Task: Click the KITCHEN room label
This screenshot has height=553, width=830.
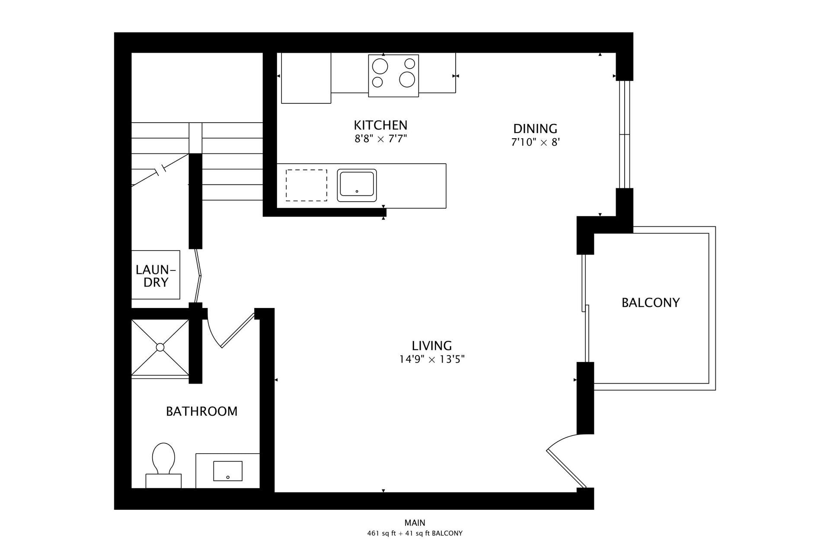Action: tap(380, 125)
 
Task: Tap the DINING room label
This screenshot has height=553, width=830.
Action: tap(535, 129)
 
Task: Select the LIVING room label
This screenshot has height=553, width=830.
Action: tap(431, 346)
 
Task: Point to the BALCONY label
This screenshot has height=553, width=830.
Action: tap(650, 302)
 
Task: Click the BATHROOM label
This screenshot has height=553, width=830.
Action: tap(201, 411)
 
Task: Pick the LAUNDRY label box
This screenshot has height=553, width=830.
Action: tap(156, 276)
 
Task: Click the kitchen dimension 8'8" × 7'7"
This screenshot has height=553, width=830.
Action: tap(380, 139)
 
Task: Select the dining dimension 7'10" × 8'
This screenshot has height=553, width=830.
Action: tap(535, 142)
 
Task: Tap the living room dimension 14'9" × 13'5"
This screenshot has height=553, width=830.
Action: tap(431, 359)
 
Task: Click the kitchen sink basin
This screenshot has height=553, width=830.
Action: tap(357, 184)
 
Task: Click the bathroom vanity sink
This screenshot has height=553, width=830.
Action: tap(228, 471)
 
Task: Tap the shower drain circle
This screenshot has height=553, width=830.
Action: tap(160, 347)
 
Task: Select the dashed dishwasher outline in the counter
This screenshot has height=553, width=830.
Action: tap(306, 185)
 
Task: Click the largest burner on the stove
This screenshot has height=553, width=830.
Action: tap(407, 79)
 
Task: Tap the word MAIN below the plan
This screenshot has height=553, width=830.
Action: tap(415, 523)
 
